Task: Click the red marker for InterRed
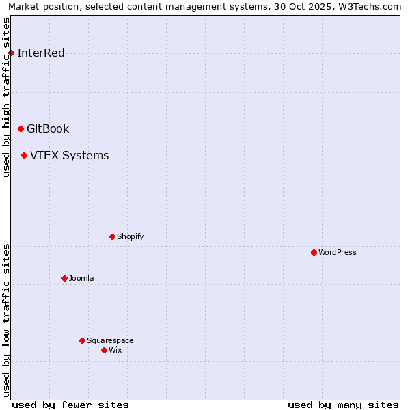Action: [x=11, y=53]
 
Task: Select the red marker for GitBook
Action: [x=20, y=128]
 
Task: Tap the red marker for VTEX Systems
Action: [x=24, y=155]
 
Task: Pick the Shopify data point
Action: [x=112, y=236]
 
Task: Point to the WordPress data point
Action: [x=314, y=252]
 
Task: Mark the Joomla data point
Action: [x=64, y=278]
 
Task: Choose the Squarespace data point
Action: [x=82, y=340]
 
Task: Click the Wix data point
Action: [x=104, y=350]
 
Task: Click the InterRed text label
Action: [x=41, y=53]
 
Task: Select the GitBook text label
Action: [x=48, y=128]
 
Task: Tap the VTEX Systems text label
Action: [x=69, y=155]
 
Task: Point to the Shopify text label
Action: [x=130, y=236]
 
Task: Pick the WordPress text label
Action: [x=338, y=252]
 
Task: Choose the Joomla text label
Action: [x=81, y=278]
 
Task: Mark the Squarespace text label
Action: [x=110, y=340]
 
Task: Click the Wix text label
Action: [x=115, y=350]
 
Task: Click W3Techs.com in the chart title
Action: [x=370, y=7]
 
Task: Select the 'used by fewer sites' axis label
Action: [x=70, y=405]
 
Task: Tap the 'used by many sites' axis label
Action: [x=343, y=405]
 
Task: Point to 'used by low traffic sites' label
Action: [x=7, y=320]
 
